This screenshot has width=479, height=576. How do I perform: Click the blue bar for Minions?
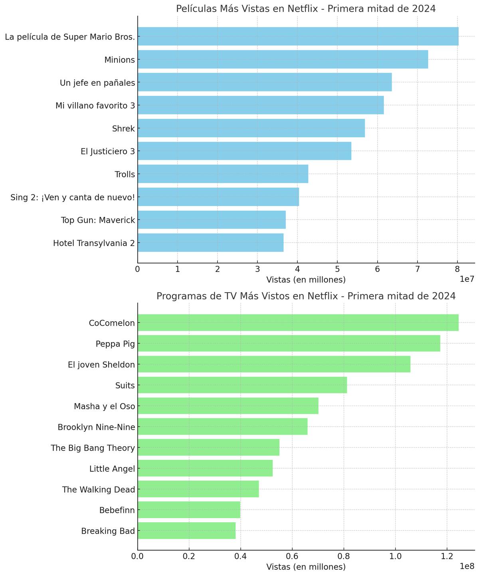283,59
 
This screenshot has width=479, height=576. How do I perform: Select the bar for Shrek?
251,128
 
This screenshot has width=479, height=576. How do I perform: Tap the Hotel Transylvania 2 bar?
210,243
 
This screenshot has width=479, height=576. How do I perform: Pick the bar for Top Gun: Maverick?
212,220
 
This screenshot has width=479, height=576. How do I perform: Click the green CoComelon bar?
298,323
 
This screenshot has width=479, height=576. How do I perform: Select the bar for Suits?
242,385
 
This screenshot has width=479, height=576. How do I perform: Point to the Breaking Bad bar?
186,531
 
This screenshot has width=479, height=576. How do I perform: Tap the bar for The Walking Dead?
198,489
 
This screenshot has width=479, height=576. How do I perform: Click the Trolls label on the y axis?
125,174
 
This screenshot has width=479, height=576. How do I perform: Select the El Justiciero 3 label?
107,151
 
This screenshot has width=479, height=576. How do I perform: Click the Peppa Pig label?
115,344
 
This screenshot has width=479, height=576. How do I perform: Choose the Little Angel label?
112,469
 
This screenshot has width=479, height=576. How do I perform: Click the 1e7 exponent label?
467,279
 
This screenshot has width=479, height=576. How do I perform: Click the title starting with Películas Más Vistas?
306,9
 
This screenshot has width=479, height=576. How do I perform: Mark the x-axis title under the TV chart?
306,567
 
